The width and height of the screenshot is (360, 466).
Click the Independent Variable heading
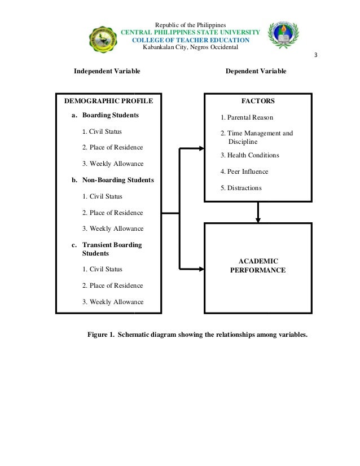pos(107,72)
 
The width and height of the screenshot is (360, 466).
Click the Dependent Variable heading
pos(256,72)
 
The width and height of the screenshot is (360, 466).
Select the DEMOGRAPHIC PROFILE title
pos(108,102)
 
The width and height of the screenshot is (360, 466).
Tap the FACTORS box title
pos(258,102)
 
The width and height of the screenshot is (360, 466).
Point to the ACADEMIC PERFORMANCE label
pos(258,265)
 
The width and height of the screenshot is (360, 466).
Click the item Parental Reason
pos(247,118)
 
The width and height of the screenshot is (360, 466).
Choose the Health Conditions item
pos(249,155)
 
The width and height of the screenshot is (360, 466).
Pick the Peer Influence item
pos(244,172)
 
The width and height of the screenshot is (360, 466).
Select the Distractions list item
pos(241,187)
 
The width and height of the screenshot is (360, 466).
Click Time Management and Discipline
pos(257,138)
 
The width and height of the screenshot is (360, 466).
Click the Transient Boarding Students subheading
pos(112,249)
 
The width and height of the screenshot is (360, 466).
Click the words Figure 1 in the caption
pos(100,335)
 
